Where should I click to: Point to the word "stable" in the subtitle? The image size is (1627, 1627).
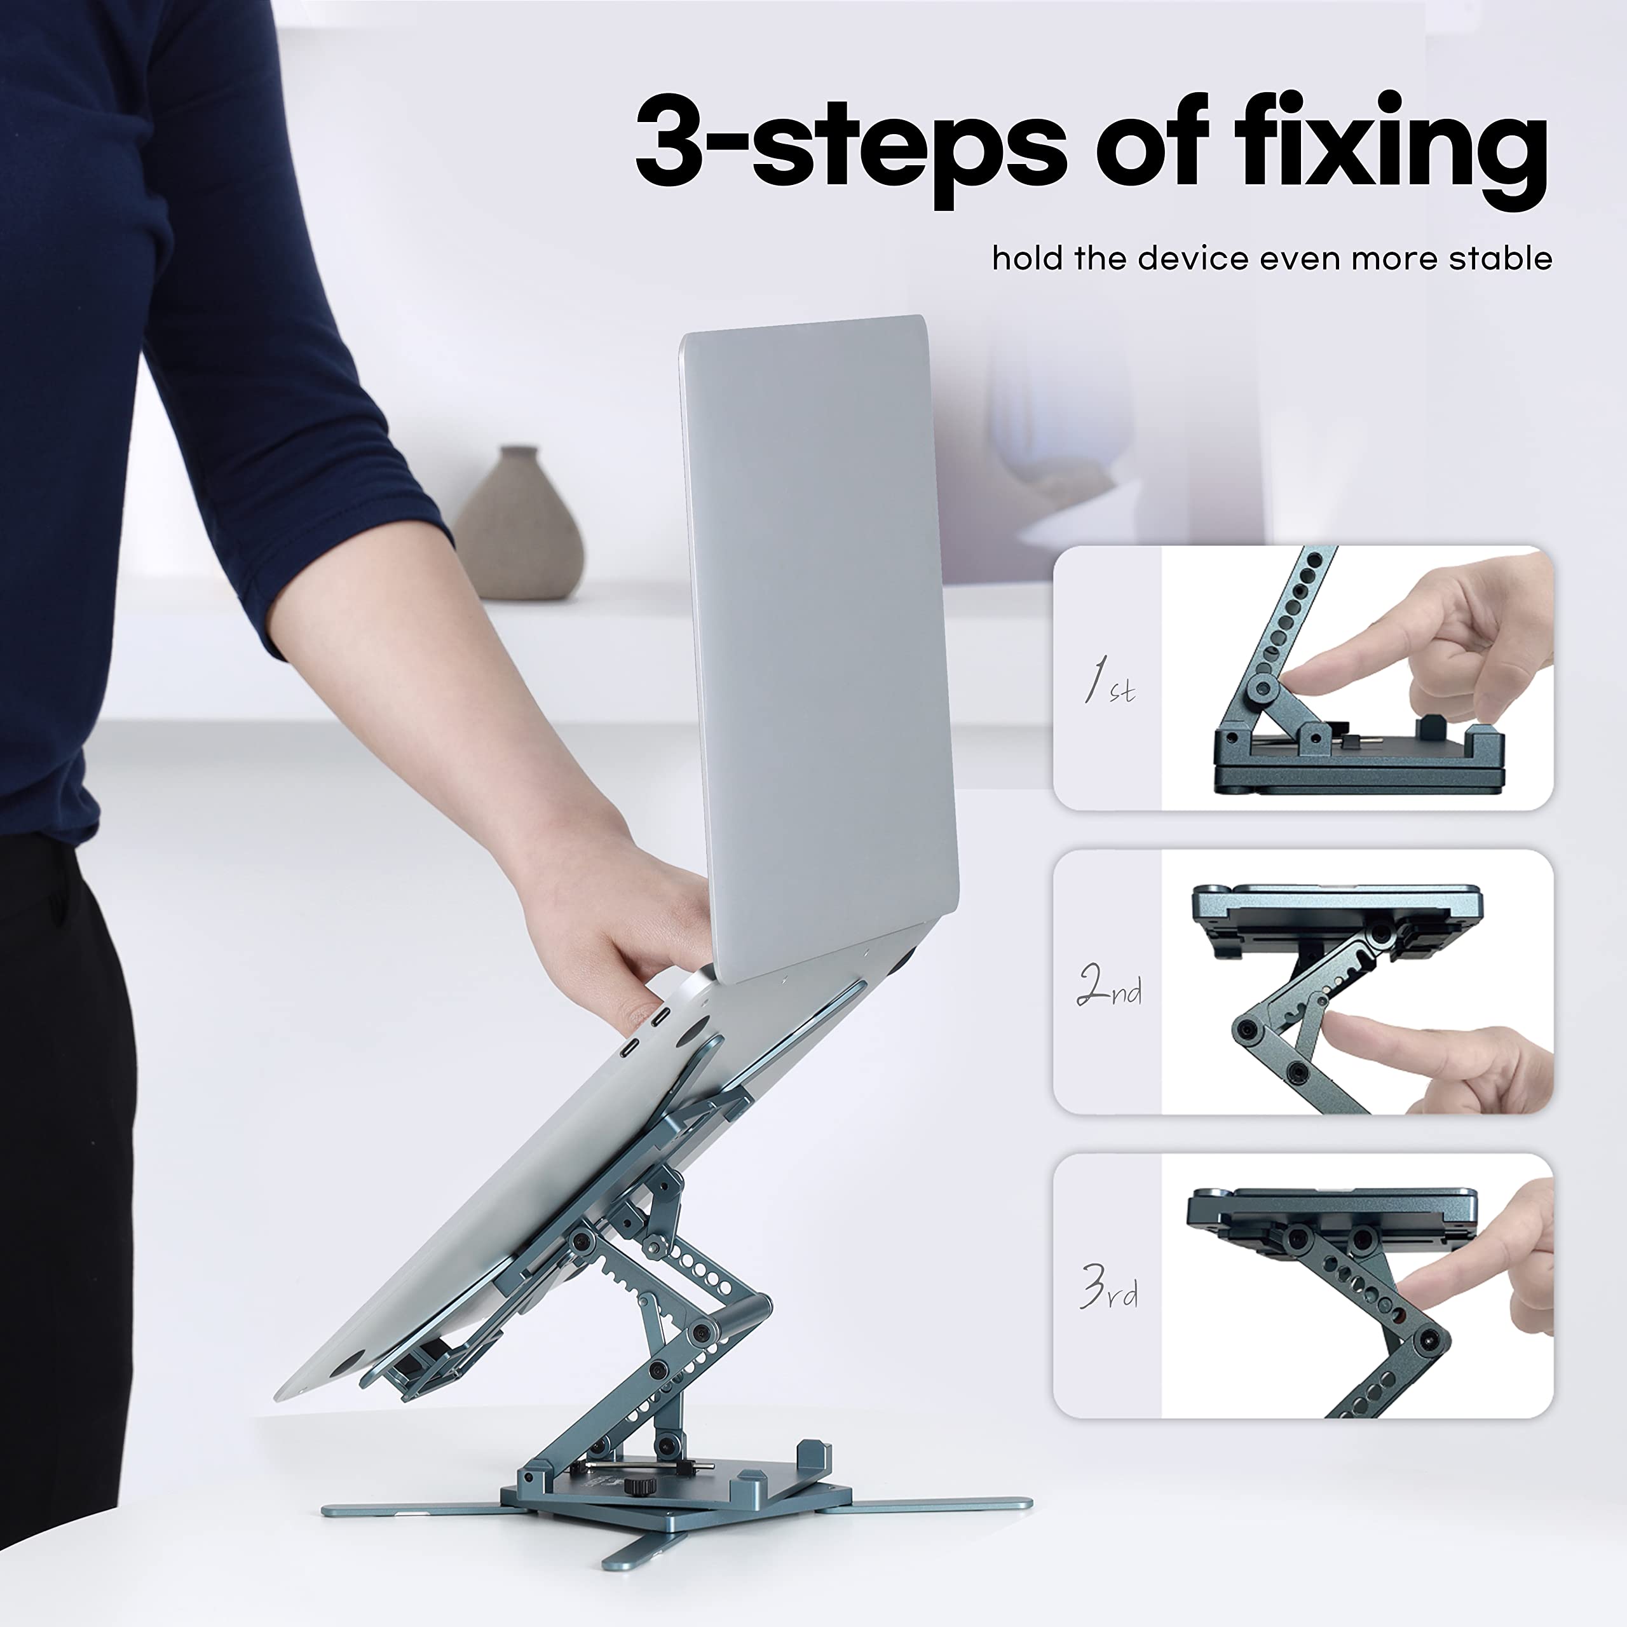click(x=1500, y=257)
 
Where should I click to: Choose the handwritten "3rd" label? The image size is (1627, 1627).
click(x=1109, y=1287)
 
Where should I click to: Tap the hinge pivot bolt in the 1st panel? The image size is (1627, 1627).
click(x=1262, y=689)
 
